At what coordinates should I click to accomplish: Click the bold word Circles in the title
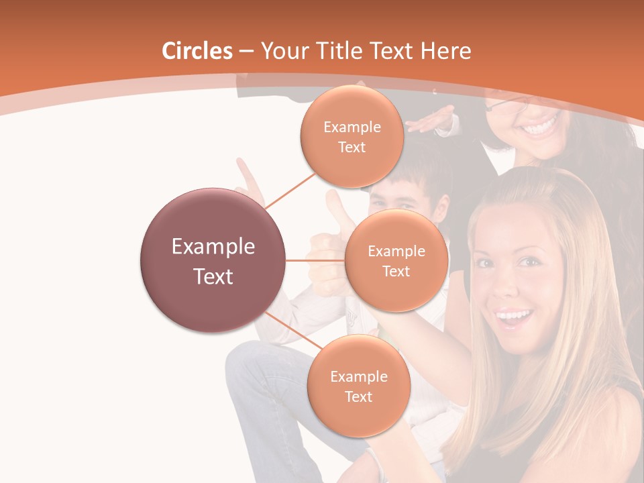(x=197, y=51)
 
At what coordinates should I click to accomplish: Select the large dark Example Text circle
(x=213, y=260)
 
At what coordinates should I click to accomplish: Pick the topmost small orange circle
(x=352, y=136)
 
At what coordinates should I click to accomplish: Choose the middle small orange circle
(x=396, y=260)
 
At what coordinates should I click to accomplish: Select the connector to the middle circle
(x=315, y=260)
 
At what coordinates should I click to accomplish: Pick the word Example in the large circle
(x=213, y=247)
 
